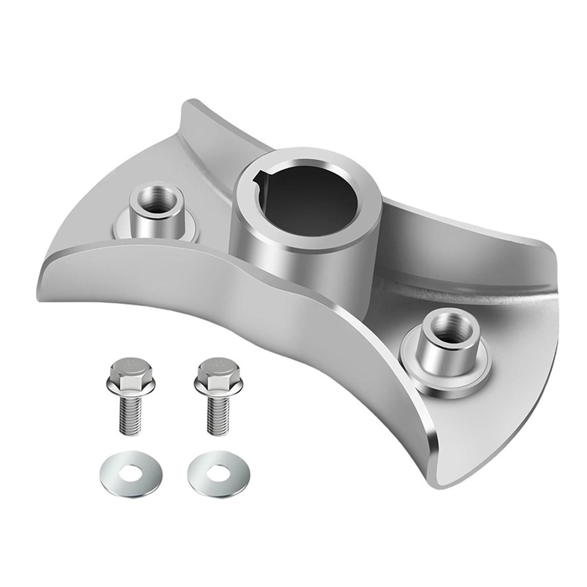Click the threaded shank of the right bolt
(218, 416)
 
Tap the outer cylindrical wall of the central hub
(293, 268)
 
